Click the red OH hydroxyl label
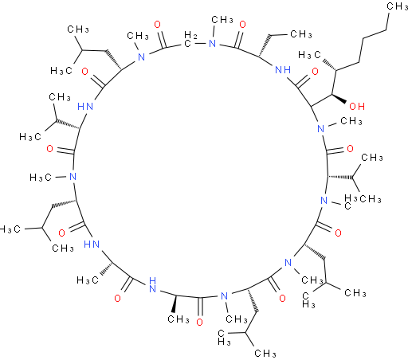click(357, 107)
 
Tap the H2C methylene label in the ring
click(190, 39)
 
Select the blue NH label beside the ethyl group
click(283, 70)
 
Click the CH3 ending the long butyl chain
click(398, 6)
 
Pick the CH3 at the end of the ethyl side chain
click(301, 34)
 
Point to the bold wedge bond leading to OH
click(339, 99)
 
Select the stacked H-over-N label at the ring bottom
click(152, 284)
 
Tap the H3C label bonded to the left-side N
click(41, 178)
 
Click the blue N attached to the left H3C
click(73, 177)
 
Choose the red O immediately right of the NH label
click(315, 72)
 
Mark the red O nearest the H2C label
click(158, 25)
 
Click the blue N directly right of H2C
click(212, 44)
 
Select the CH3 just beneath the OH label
click(351, 121)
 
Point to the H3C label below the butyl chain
click(309, 55)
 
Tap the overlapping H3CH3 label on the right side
click(363, 199)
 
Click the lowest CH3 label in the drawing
click(265, 353)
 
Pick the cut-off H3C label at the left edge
click(10, 229)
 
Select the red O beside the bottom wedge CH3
click(199, 323)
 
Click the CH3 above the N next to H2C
click(222, 20)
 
